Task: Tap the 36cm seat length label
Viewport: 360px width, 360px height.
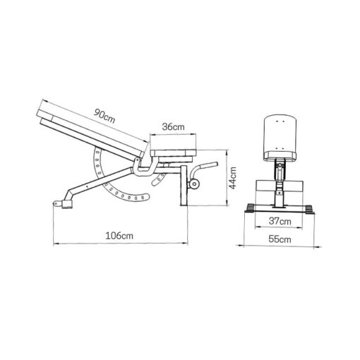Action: coord(173,127)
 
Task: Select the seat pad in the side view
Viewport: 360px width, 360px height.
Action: coord(172,152)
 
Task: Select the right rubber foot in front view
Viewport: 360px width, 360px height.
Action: coord(310,208)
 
